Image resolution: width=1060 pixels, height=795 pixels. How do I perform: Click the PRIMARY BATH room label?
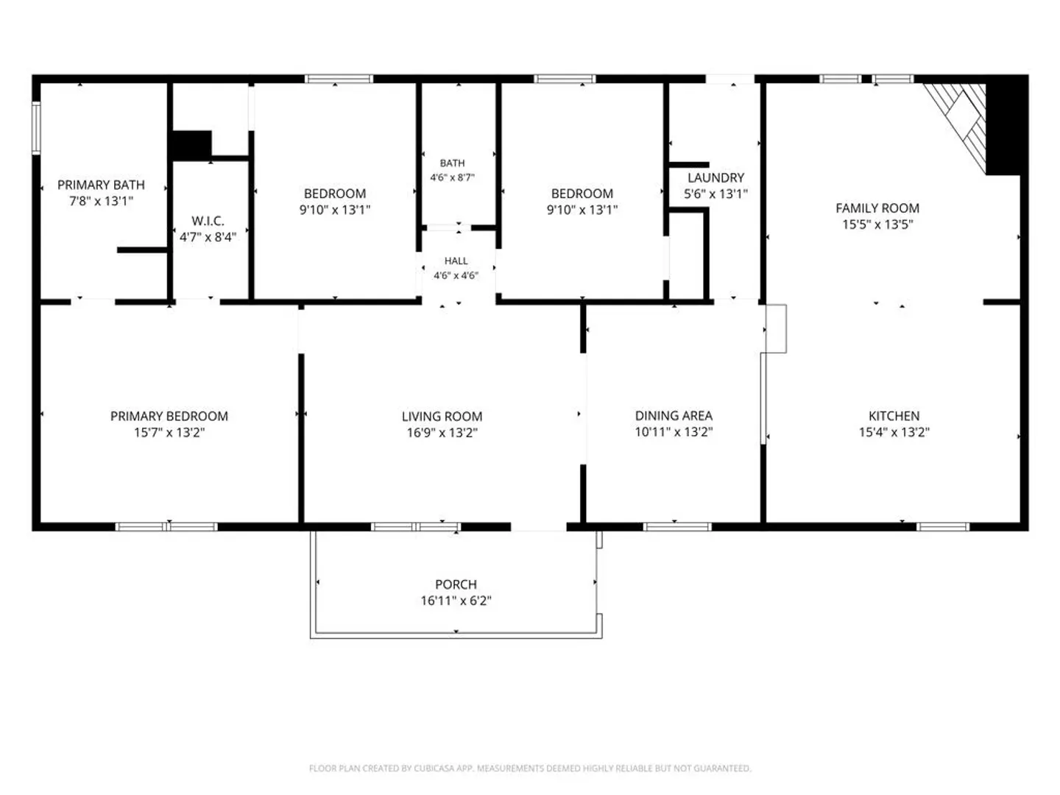(x=101, y=185)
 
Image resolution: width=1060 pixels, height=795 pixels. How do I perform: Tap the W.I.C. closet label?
(x=208, y=221)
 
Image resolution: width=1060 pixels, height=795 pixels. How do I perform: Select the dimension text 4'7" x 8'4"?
(x=208, y=237)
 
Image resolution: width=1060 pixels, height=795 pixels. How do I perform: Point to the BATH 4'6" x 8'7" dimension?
(x=453, y=177)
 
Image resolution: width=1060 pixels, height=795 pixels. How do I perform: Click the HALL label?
(x=456, y=261)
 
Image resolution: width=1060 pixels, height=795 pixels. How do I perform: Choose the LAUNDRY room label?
(x=715, y=177)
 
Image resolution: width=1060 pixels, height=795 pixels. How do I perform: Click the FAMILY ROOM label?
(x=877, y=208)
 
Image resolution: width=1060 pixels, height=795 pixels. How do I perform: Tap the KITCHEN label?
(x=894, y=416)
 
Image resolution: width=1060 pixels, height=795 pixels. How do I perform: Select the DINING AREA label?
(x=674, y=416)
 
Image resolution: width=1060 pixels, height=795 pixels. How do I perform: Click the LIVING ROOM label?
(x=442, y=416)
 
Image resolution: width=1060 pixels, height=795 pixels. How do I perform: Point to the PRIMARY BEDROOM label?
(x=169, y=416)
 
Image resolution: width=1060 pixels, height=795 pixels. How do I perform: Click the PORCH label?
(x=456, y=584)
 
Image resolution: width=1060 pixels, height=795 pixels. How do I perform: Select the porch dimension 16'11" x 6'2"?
(x=456, y=601)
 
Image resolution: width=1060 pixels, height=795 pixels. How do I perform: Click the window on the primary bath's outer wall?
(x=36, y=127)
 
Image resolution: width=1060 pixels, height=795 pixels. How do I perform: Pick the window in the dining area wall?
(x=677, y=526)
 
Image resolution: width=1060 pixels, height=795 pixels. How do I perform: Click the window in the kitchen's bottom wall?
(x=943, y=526)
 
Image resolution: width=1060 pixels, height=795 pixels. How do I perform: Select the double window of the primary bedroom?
(x=166, y=526)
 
